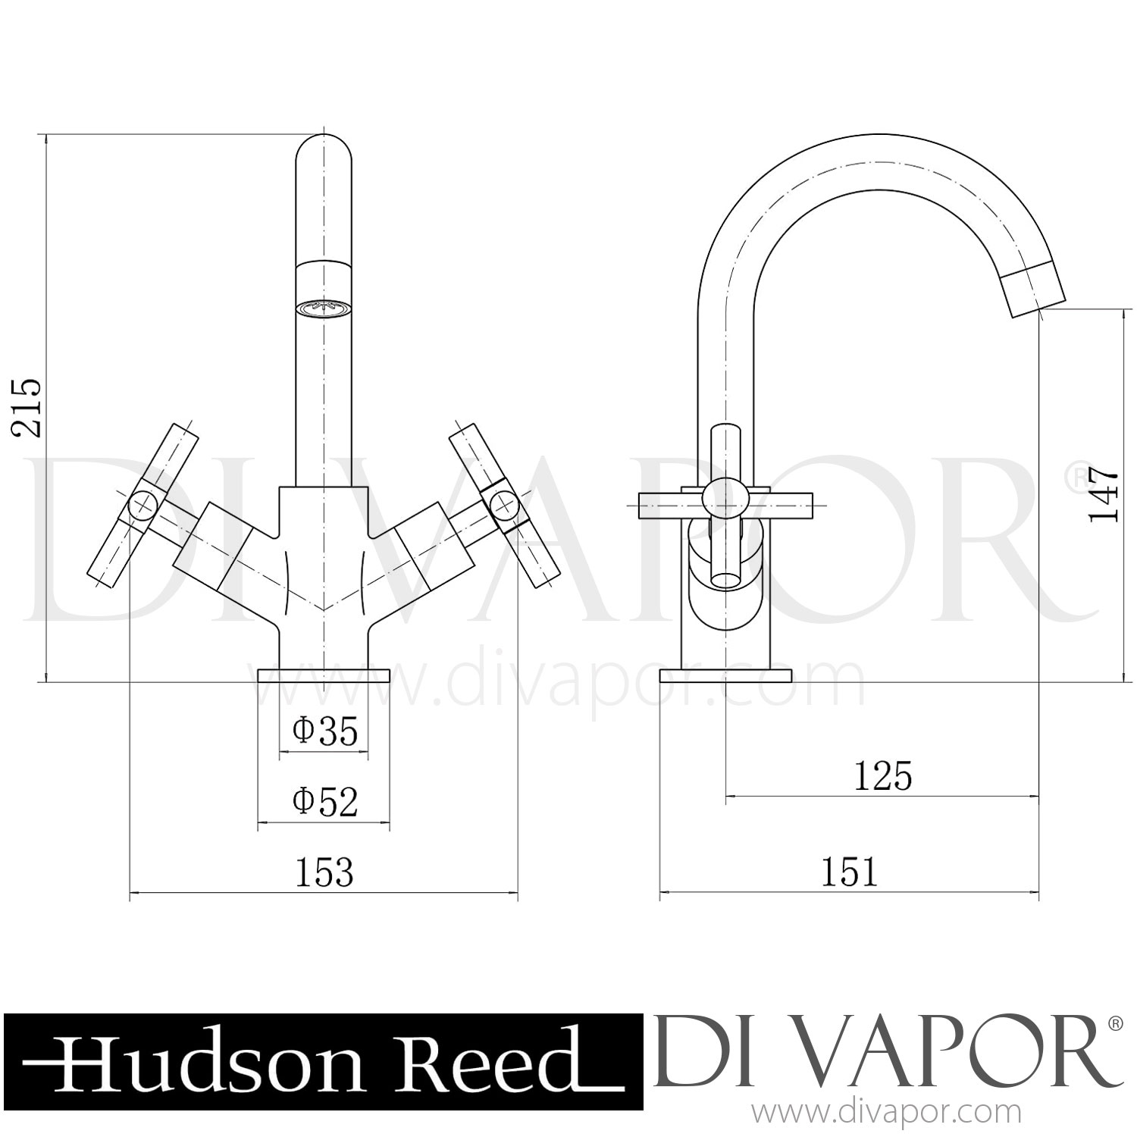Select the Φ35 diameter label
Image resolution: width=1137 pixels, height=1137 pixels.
325,731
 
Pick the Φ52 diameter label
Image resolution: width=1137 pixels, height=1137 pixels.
325,801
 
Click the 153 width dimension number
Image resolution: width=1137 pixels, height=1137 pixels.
324,873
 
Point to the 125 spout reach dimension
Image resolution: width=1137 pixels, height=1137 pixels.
882,776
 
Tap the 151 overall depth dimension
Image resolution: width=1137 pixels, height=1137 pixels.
849,873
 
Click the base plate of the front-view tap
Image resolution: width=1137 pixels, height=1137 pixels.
324,675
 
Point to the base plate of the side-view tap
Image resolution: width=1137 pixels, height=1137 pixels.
725,675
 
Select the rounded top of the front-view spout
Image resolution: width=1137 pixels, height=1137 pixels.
324,152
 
